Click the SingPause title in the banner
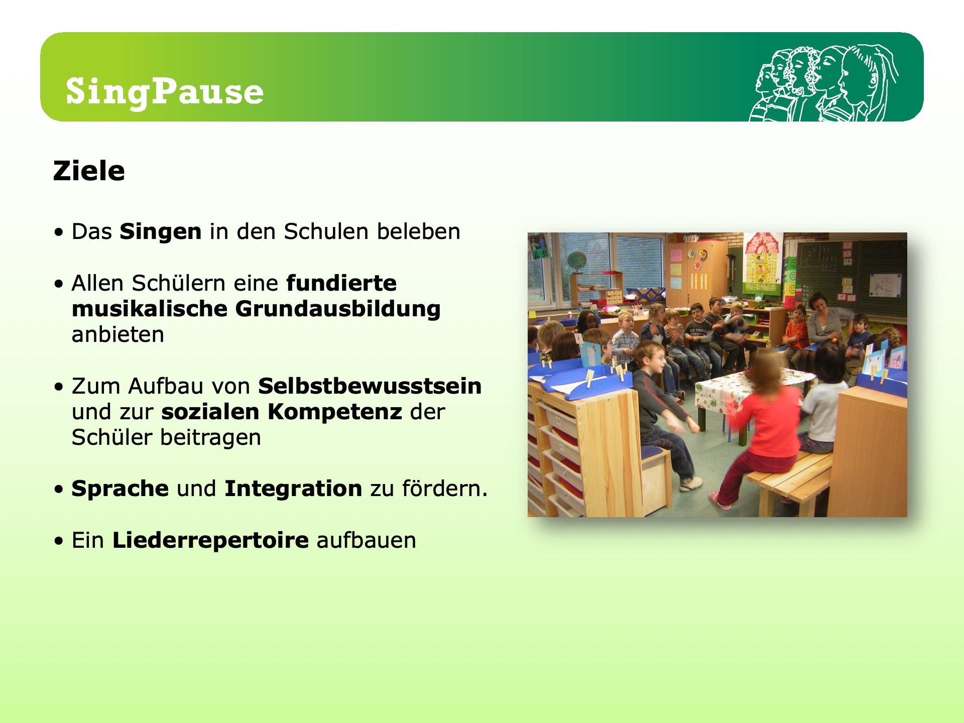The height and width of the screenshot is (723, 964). coord(165,92)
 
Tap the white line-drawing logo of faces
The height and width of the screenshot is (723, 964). coord(823,83)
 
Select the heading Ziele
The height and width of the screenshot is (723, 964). coord(89,171)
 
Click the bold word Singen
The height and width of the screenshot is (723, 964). coord(161,231)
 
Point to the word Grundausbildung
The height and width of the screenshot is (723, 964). coord(338,309)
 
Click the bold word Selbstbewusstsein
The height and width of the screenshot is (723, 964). coord(370,386)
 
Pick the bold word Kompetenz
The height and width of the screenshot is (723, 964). coord(335,412)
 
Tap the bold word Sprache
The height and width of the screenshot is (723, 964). coord(120,489)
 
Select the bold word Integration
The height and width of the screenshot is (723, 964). coord(293,489)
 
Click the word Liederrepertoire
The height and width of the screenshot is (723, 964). coord(210,540)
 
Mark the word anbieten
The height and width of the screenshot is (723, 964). coord(118,334)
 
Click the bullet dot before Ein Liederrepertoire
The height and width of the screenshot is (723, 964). coord(60,541)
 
